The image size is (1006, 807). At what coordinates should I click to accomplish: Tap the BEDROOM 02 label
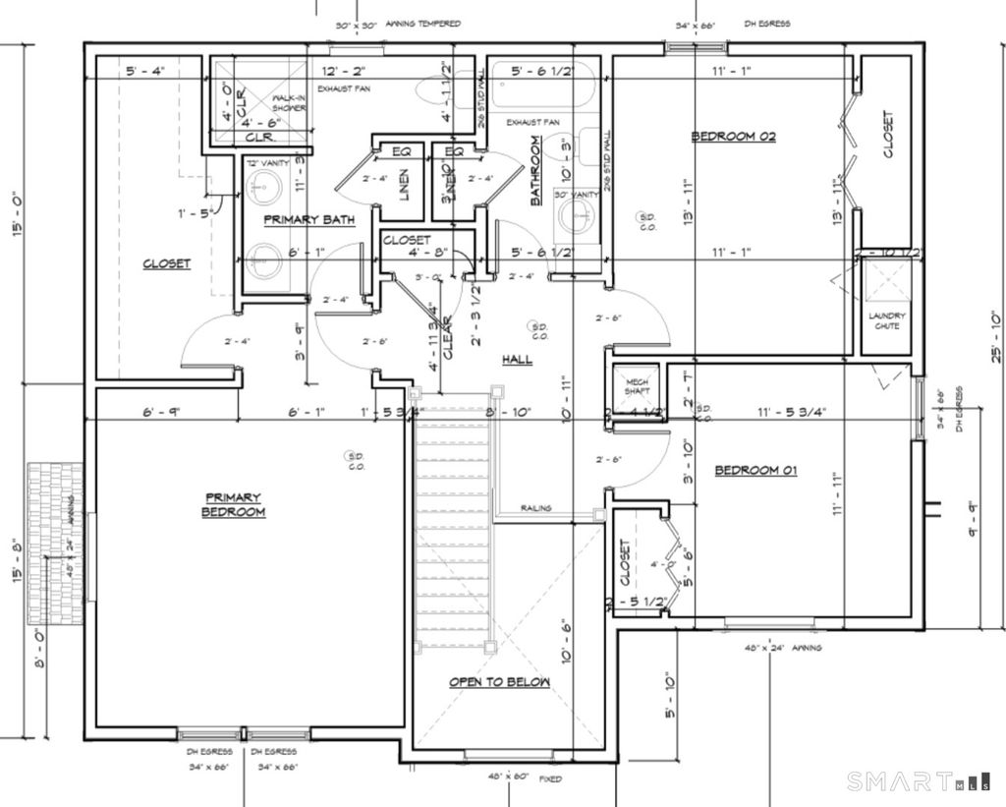tap(733, 137)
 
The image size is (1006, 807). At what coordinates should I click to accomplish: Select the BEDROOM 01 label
tap(755, 471)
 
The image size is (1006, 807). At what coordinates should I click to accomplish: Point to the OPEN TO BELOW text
tap(499, 682)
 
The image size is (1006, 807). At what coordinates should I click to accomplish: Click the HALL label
tap(517, 360)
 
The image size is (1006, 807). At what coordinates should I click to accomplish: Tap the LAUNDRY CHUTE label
tap(887, 321)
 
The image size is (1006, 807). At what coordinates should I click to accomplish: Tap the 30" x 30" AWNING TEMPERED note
tap(397, 24)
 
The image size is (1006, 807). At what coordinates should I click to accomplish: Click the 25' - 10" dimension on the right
tap(996, 334)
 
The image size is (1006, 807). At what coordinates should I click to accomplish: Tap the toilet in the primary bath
tap(433, 92)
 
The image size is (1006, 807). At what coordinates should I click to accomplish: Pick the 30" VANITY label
tap(577, 196)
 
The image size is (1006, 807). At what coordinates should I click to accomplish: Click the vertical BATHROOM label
tap(536, 171)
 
